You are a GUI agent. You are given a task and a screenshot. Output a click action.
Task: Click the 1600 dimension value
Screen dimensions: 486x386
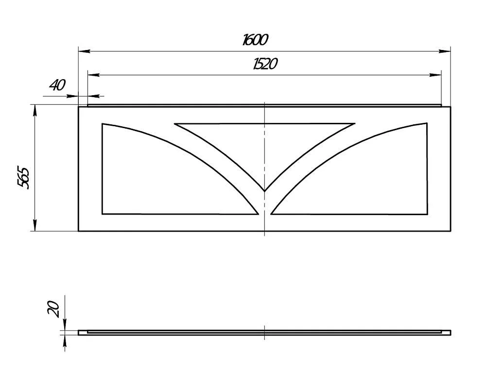tap(255, 40)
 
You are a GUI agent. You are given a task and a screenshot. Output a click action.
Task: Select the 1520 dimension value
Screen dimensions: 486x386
tap(265, 64)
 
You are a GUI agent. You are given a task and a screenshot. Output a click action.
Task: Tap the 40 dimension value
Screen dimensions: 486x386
tap(58, 85)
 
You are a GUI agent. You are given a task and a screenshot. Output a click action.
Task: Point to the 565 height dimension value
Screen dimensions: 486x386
tap(23, 178)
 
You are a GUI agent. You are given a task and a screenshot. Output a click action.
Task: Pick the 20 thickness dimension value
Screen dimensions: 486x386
tap(53, 309)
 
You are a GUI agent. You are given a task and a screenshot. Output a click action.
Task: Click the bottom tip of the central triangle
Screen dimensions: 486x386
tap(264, 191)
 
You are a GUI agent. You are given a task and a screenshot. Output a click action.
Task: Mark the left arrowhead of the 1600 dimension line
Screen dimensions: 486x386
tap(84, 51)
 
